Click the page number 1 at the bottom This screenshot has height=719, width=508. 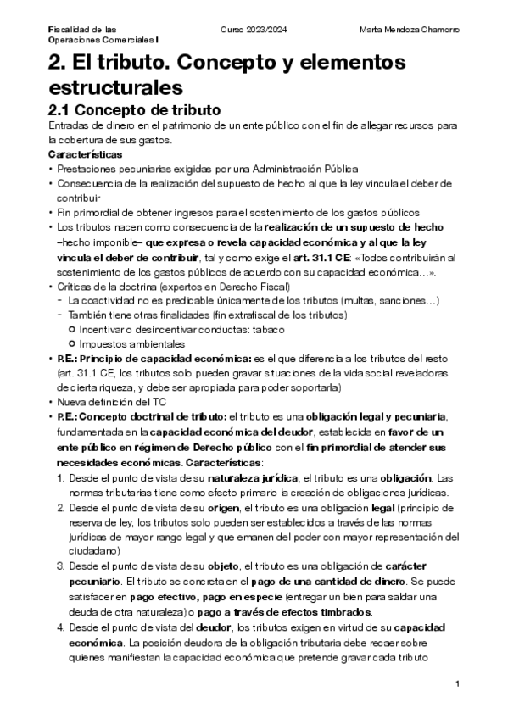pyautogui.click(x=457, y=684)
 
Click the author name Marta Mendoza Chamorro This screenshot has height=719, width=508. pyautogui.click(x=410, y=30)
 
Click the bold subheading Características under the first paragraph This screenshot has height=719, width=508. pyautogui.click(x=85, y=154)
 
